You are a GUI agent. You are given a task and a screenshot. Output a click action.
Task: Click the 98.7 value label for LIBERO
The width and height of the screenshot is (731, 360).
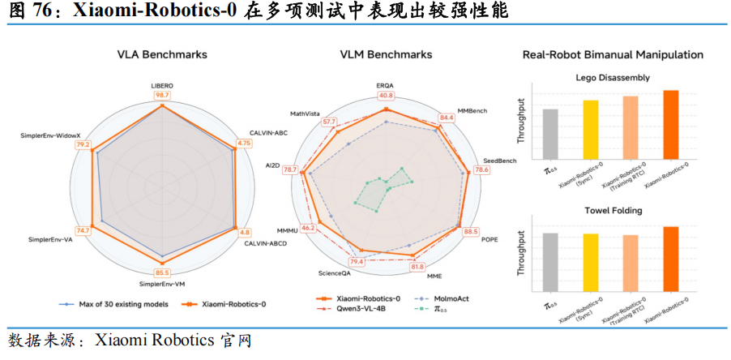[x=162, y=96]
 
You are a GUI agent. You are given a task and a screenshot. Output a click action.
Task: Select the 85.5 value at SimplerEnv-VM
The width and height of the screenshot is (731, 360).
[x=162, y=272]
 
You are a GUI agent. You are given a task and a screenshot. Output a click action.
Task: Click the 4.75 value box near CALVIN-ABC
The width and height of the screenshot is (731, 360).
[x=244, y=144]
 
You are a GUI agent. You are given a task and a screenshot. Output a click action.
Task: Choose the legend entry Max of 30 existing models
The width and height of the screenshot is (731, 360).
[x=114, y=304]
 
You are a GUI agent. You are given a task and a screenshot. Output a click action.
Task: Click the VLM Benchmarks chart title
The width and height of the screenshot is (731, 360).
[x=385, y=54]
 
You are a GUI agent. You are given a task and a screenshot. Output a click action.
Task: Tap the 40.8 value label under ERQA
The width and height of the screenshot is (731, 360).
[x=385, y=96]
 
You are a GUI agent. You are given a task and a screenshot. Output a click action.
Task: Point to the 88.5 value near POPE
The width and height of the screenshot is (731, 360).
[x=471, y=231]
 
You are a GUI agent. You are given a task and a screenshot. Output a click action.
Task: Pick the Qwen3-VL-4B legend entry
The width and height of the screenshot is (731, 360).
[x=358, y=309]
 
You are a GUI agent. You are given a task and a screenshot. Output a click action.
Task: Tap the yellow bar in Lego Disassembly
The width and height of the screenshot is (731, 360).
[x=590, y=130]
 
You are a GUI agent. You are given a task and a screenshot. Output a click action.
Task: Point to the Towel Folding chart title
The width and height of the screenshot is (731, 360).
[x=613, y=210]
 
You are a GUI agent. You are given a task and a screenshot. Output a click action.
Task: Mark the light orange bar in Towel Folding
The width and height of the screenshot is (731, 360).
[x=631, y=263]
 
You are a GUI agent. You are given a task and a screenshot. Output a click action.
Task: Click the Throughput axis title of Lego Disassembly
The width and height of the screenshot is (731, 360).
[x=523, y=122]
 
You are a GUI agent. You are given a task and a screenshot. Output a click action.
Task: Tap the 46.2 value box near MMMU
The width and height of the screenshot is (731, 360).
[x=309, y=228]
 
